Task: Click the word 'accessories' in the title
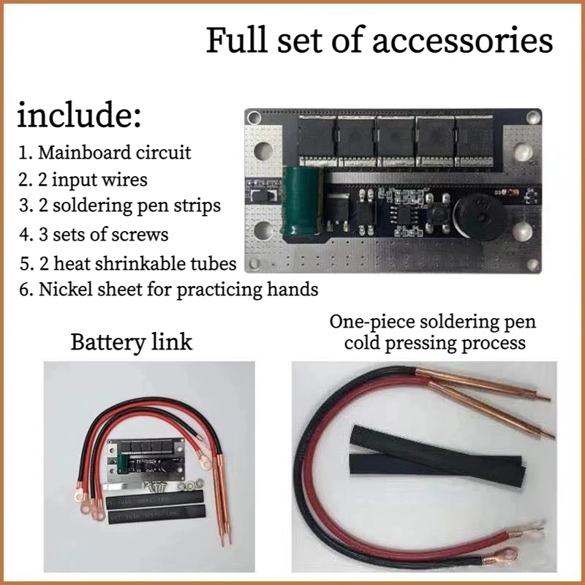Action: coord(463,40)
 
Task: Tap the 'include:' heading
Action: coord(79,114)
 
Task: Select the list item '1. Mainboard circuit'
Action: coord(105,152)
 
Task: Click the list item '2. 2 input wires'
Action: coord(83,180)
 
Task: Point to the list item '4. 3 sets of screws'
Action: coord(94,234)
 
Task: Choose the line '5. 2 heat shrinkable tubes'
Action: coord(128,263)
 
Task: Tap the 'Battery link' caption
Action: coord(132,342)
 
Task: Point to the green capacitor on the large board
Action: coord(302,203)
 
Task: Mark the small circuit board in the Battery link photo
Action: coord(146,460)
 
